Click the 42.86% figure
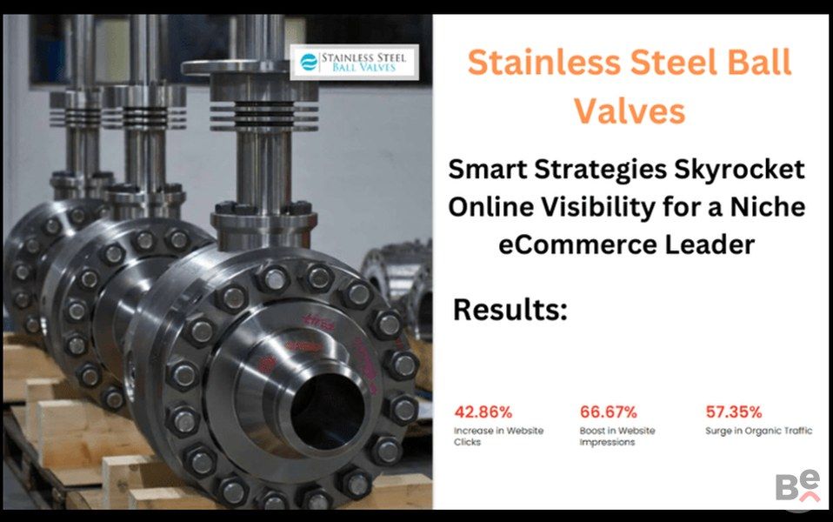(483, 412)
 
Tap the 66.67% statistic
(609, 412)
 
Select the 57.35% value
(734, 412)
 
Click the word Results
(510, 310)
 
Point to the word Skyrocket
(739, 171)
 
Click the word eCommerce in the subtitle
(577, 245)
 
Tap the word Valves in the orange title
(630, 111)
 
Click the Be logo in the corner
(798, 485)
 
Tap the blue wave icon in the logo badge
(309, 62)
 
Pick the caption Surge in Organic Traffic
(758, 431)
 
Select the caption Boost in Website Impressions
(617, 437)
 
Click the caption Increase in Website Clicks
(498, 437)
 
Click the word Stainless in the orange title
(544, 62)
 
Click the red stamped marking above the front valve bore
(318, 322)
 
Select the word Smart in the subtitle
(488, 171)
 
